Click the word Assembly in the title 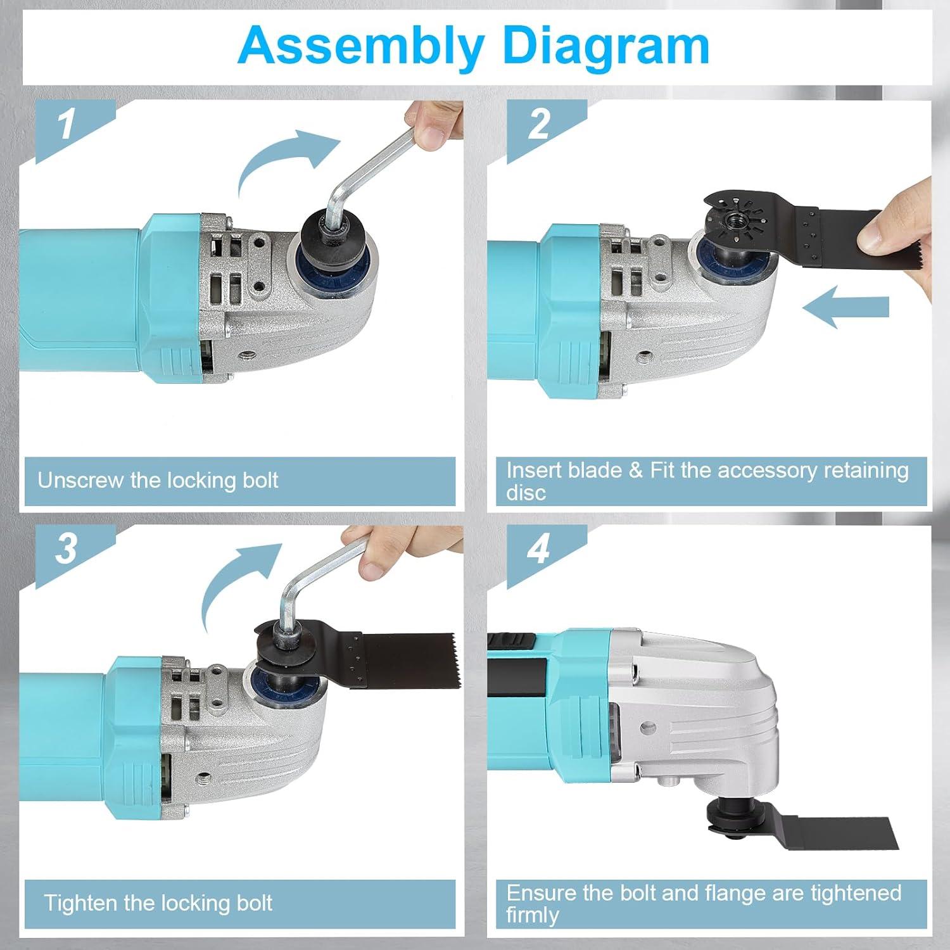click(x=362, y=46)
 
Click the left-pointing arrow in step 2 click(x=846, y=307)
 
